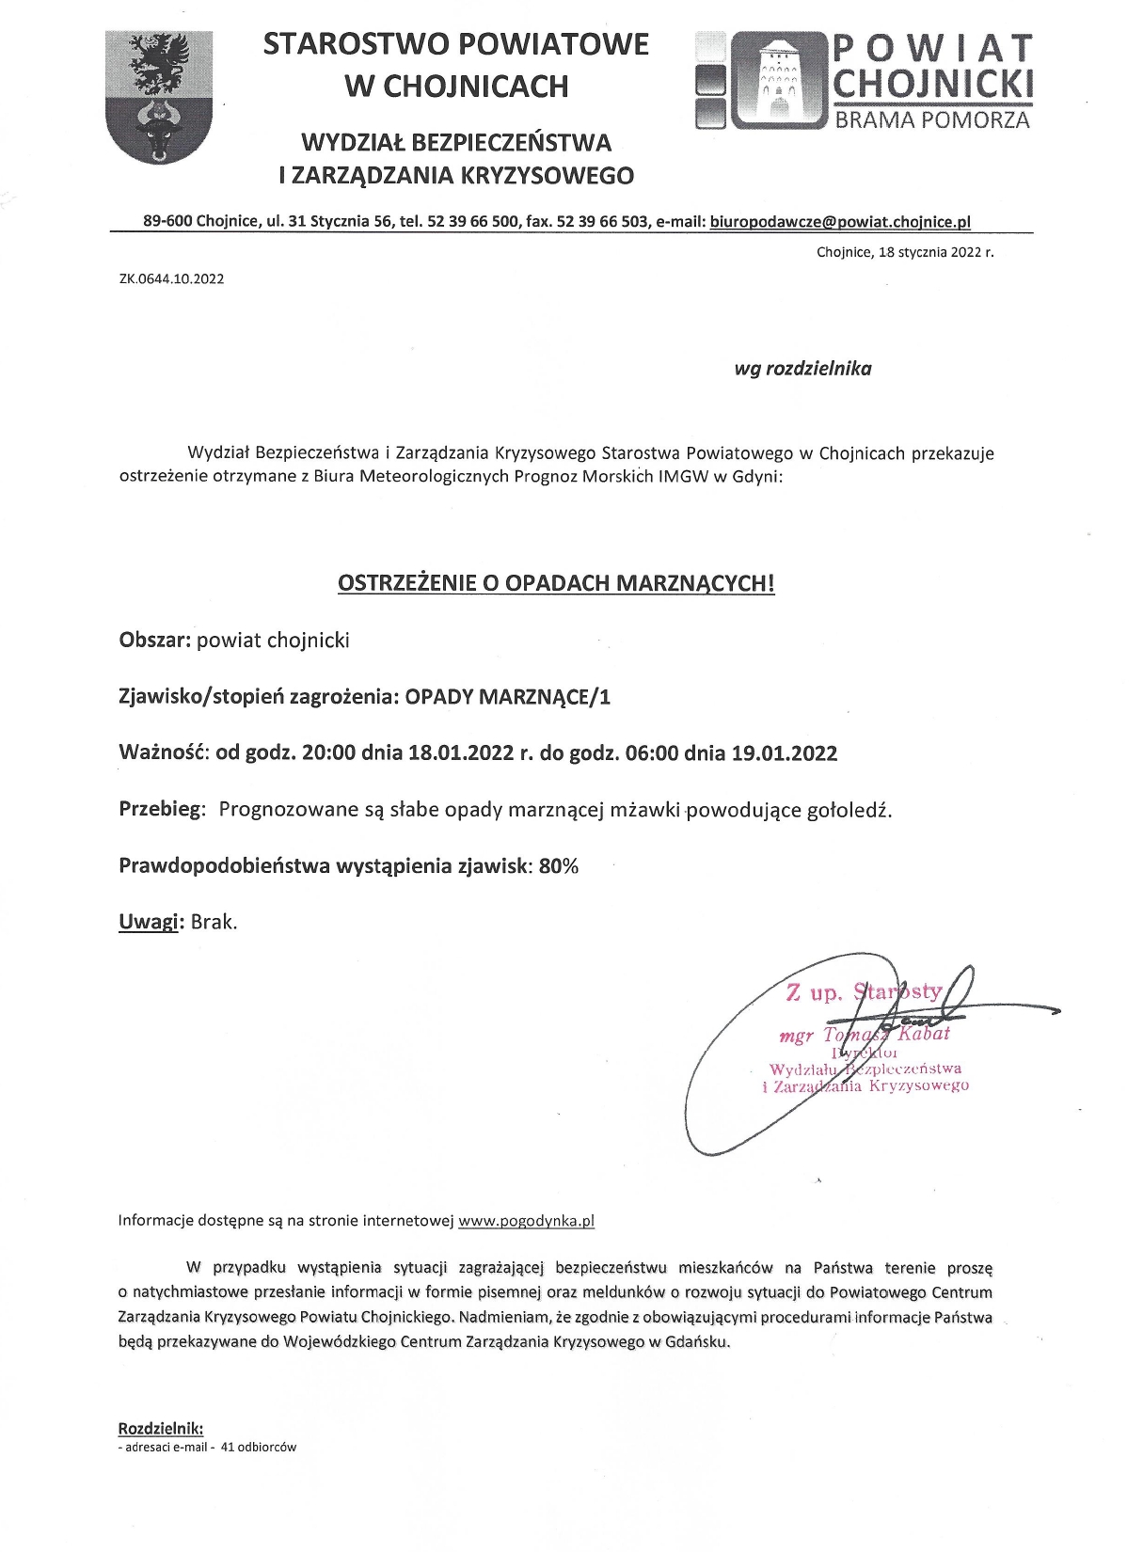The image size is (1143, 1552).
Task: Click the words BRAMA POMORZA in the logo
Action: coord(932,119)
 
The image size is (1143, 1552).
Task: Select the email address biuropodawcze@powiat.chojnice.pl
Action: coord(840,222)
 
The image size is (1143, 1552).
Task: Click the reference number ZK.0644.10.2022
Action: coord(171,278)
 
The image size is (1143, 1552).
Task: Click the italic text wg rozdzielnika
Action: coord(802,369)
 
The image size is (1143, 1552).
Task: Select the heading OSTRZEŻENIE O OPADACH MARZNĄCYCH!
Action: coord(556,583)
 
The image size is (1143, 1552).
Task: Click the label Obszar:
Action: coord(155,641)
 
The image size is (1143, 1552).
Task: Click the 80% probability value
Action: coord(558,866)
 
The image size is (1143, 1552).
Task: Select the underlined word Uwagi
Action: coord(149,922)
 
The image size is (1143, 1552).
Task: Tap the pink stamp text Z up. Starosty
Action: coord(863,990)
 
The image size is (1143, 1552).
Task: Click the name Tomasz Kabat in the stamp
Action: coord(886,1034)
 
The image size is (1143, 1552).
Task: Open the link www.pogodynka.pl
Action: coord(526,1221)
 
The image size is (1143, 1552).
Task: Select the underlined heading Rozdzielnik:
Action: coord(160,1429)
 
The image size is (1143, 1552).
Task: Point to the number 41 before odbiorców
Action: coord(227,1447)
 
